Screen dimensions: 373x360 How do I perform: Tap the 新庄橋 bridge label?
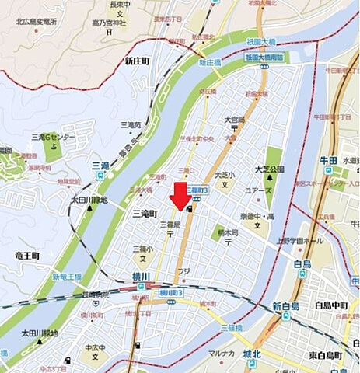pyautogui.click(x=209, y=62)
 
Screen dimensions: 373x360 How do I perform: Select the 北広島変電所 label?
pyautogui.click(x=32, y=21)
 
